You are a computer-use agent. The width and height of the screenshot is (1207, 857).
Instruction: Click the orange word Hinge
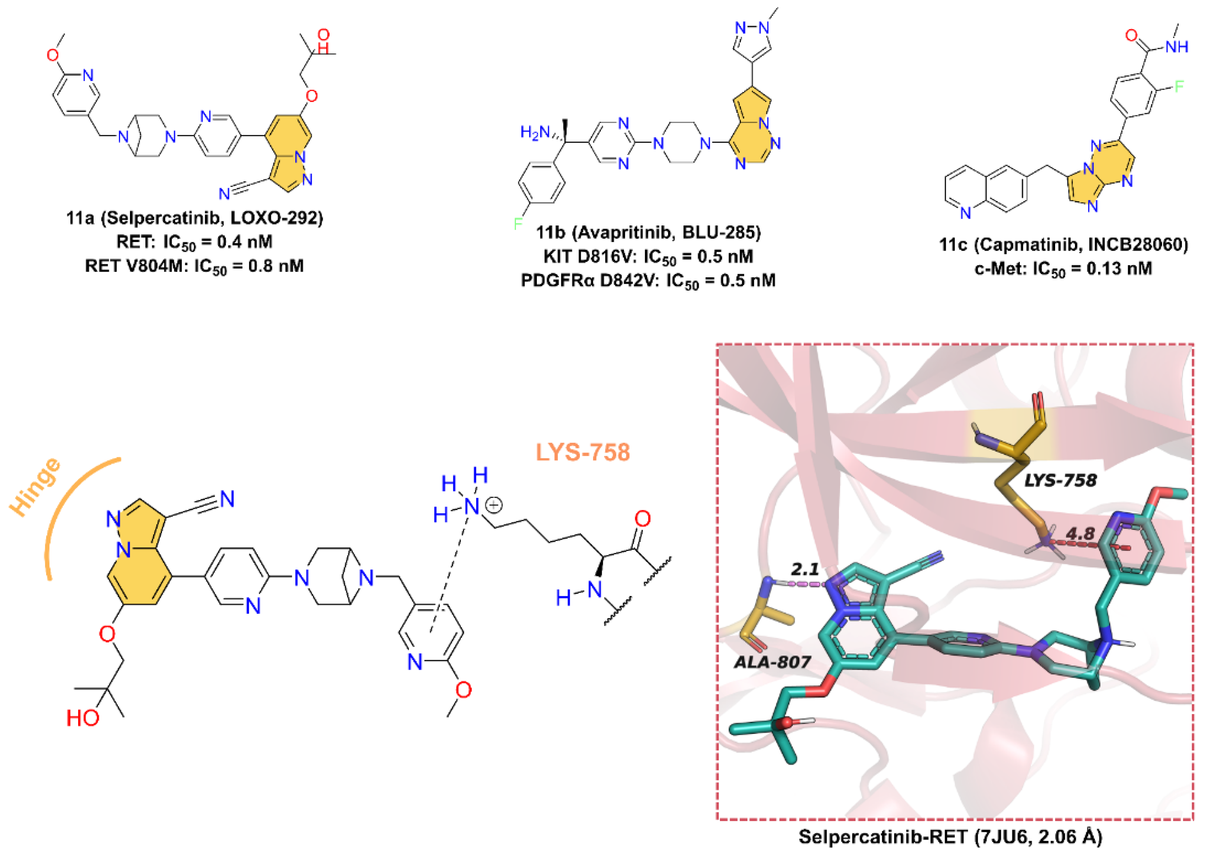coord(36,486)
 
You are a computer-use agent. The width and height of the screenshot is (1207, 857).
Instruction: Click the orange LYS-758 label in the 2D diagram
coord(582,452)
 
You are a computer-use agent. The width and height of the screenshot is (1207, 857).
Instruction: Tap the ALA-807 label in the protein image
coord(772,662)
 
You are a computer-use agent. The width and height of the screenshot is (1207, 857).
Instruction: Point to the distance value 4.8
coord(1080,534)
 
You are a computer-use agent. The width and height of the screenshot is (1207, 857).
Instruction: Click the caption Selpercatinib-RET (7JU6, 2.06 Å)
coord(950,837)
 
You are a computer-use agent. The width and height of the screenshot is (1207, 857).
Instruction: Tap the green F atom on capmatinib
coord(1179,86)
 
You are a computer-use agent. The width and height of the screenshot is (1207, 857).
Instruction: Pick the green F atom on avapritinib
coord(518,224)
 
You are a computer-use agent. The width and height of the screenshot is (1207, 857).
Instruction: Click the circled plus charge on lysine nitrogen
coord(494,506)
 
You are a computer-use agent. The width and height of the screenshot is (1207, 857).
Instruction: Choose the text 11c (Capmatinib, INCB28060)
coord(1063,245)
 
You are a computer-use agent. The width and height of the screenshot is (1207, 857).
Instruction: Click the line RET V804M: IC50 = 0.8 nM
coord(194,266)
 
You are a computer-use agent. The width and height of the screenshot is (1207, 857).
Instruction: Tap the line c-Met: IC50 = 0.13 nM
coord(1063,269)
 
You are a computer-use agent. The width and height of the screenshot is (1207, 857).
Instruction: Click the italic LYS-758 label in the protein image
coord(1060,480)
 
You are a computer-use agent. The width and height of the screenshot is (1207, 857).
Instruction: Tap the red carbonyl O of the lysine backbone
coord(642,519)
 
